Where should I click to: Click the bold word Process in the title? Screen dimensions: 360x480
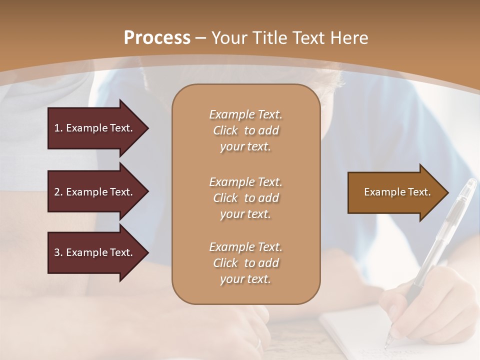(x=157, y=38)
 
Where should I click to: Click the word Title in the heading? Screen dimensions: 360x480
(x=270, y=38)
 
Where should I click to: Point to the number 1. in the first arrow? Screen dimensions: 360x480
(x=58, y=128)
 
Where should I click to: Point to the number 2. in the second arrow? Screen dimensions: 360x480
(x=58, y=192)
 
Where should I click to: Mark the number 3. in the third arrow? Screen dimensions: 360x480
(x=58, y=252)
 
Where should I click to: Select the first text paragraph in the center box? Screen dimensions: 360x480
(x=245, y=130)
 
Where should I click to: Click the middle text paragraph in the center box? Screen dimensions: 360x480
(x=245, y=197)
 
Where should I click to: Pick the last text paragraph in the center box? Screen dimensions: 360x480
(x=245, y=263)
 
